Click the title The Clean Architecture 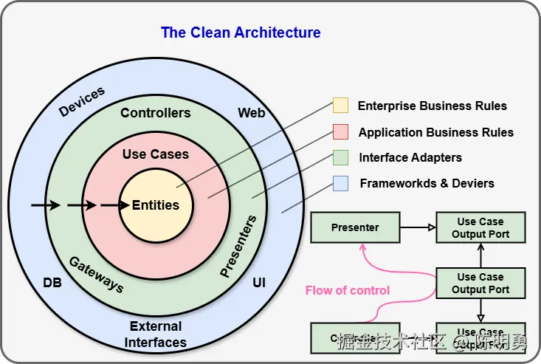pos(241,32)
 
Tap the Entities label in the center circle pos(156,205)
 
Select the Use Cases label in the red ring pos(156,154)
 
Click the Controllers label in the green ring pos(156,113)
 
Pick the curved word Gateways pos(96,274)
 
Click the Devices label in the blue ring pos(82,102)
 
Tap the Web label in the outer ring pos(251,113)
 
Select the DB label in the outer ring pos(52,283)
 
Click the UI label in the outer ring pos(259,283)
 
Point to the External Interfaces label pos(156,334)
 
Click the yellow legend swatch pos(340,106)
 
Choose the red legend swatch pos(340,132)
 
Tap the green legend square pos(340,157)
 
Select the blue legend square pos(340,182)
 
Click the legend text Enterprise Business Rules pos(433,106)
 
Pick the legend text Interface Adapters pos(410,157)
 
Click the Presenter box pos(355,227)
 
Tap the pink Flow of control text pos(348,290)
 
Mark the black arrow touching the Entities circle pos(114,205)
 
